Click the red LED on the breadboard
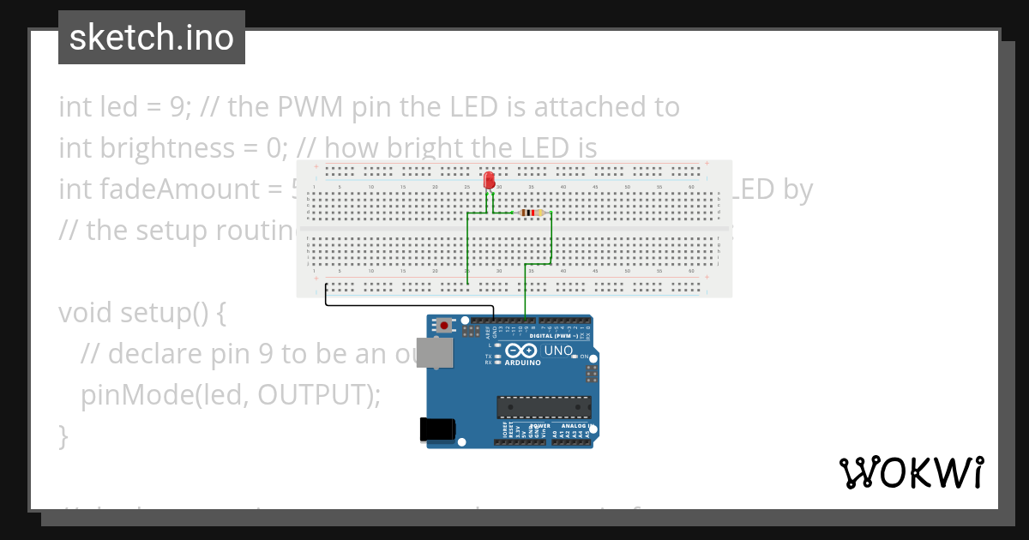pyautogui.click(x=489, y=180)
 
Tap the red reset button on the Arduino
pyautogui.click(x=443, y=326)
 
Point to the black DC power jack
pyautogui.click(x=436, y=429)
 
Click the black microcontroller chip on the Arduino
pyautogui.click(x=544, y=407)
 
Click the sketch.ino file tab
pyautogui.click(x=152, y=38)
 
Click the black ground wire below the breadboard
pyautogui.click(x=403, y=304)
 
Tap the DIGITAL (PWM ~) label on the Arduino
pyautogui.click(x=557, y=336)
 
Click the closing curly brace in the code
pyautogui.click(x=63, y=435)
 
